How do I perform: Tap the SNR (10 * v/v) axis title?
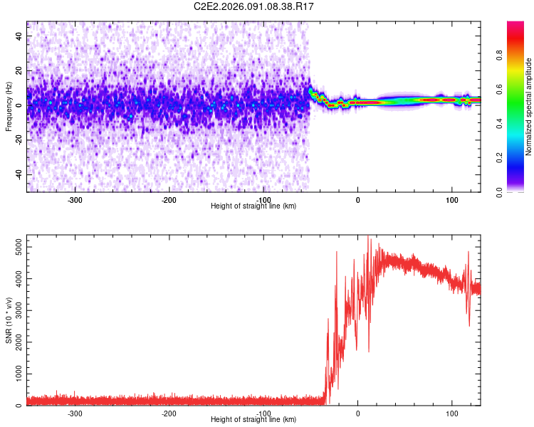[9, 320]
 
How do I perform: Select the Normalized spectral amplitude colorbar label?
[529, 107]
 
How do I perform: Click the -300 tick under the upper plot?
[75, 199]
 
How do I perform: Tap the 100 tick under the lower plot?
[451, 413]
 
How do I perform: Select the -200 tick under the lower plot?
[169, 413]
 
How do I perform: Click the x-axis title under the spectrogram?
[253, 206]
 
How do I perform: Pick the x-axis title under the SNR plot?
[253, 420]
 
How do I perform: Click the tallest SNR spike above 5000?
[368, 238]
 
